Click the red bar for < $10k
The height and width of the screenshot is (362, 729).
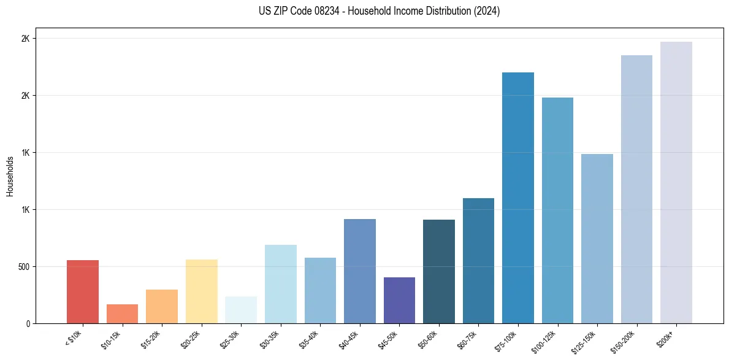click(83, 292)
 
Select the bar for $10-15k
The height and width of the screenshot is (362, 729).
click(122, 314)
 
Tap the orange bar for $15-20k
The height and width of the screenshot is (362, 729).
click(162, 307)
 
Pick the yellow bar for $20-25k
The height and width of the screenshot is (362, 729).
click(202, 291)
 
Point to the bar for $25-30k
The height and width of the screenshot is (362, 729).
click(241, 310)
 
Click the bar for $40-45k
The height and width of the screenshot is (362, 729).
click(360, 271)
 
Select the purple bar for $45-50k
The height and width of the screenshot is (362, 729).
click(399, 301)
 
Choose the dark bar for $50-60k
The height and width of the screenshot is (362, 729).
click(439, 272)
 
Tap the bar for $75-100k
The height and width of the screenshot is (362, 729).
click(518, 198)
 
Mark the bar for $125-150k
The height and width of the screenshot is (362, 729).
click(597, 239)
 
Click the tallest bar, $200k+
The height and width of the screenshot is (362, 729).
click(676, 182)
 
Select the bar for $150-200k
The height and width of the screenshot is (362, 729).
click(636, 189)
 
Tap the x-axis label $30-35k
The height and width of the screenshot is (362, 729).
click(270, 339)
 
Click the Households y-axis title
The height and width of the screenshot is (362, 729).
click(10, 176)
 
